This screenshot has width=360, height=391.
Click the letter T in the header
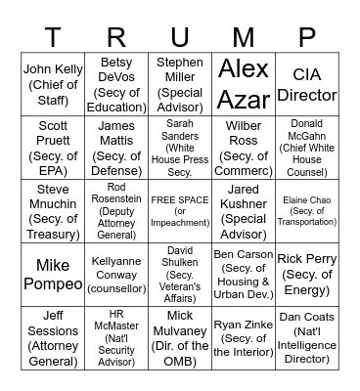point(53,37)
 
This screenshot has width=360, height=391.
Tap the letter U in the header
point(180,37)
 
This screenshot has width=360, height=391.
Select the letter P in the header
point(307,37)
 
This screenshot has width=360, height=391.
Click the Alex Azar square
point(244,84)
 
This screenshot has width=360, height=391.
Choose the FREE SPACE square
point(180,209)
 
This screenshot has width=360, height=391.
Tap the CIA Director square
point(307,84)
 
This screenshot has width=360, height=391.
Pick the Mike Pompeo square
point(53,274)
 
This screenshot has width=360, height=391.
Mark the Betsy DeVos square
point(116,84)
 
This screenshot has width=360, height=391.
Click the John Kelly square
point(53,84)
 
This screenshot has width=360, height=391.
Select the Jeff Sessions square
point(53,337)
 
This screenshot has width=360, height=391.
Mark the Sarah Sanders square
point(180,147)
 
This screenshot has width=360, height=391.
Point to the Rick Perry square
point(307,274)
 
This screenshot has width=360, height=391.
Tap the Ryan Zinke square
point(244,337)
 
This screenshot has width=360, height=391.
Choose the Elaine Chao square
point(307,209)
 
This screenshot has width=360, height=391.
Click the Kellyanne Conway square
point(116,274)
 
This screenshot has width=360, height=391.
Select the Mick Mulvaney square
point(180,337)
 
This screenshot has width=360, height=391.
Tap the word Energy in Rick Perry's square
point(307,289)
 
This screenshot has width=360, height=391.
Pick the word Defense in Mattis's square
point(116,170)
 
